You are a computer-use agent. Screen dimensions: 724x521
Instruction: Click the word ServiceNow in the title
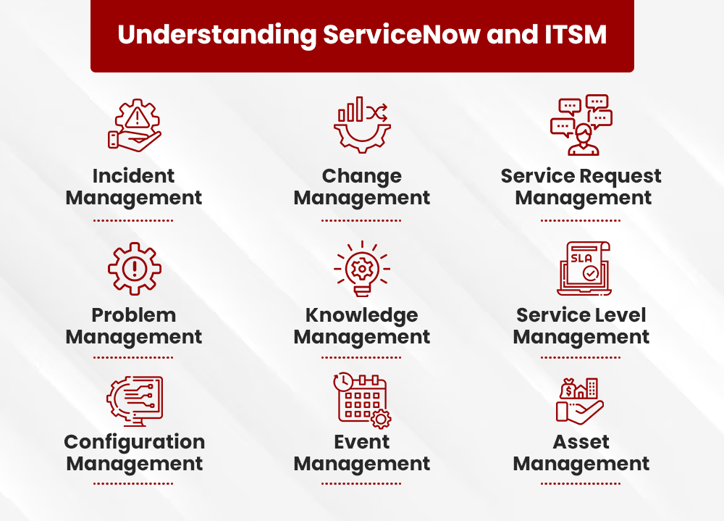tap(402, 35)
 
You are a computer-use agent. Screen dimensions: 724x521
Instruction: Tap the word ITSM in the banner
tap(576, 35)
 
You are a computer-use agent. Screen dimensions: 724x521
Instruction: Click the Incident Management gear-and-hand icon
tap(135, 125)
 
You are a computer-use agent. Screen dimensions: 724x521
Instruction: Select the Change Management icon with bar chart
tap(362, 125)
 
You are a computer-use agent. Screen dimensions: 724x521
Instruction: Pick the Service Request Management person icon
tap(581, 125)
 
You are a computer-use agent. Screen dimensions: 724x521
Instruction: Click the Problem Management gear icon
tap(135, 269)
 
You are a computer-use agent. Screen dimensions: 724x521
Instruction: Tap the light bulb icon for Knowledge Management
tap(362, 269)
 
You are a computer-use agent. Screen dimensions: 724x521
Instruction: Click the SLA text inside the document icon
tap(581, 258)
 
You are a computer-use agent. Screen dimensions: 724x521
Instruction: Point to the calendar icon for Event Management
tap(363, 400)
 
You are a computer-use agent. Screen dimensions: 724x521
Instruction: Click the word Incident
tap(133, 176)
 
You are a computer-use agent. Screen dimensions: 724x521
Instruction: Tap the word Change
tap(362, 177)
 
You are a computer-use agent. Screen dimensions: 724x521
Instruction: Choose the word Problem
tap(134, 315)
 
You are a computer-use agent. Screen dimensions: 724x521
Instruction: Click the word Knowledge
tap(362, 316)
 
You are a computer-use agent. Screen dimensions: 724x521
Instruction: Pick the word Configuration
tap(135, 443)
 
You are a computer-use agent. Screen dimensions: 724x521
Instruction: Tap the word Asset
tap(581, 443)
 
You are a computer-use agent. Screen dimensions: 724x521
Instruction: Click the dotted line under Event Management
tap(361, 484)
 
